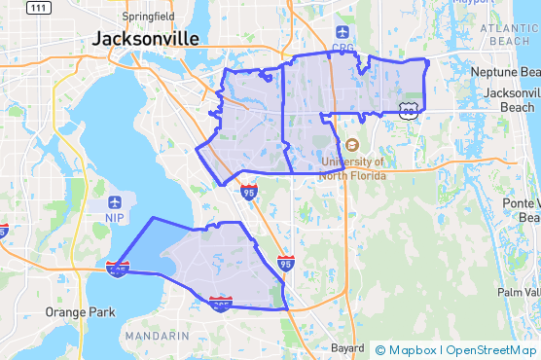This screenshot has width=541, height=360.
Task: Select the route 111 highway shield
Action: [39, 8]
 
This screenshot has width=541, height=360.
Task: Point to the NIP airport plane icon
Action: [116, 202]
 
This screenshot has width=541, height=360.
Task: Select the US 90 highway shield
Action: [408, 112]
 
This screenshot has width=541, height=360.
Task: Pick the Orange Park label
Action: [80, 312]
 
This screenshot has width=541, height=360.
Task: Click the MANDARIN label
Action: [158, 336]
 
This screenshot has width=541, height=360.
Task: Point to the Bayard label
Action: [346, 347]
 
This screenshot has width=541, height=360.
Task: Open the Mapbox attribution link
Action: [407, 350]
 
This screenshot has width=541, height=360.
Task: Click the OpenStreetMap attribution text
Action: [491, 350]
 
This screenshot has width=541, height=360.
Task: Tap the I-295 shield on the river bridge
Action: [118, 268]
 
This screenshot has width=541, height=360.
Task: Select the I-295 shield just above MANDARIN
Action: [221, 305]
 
